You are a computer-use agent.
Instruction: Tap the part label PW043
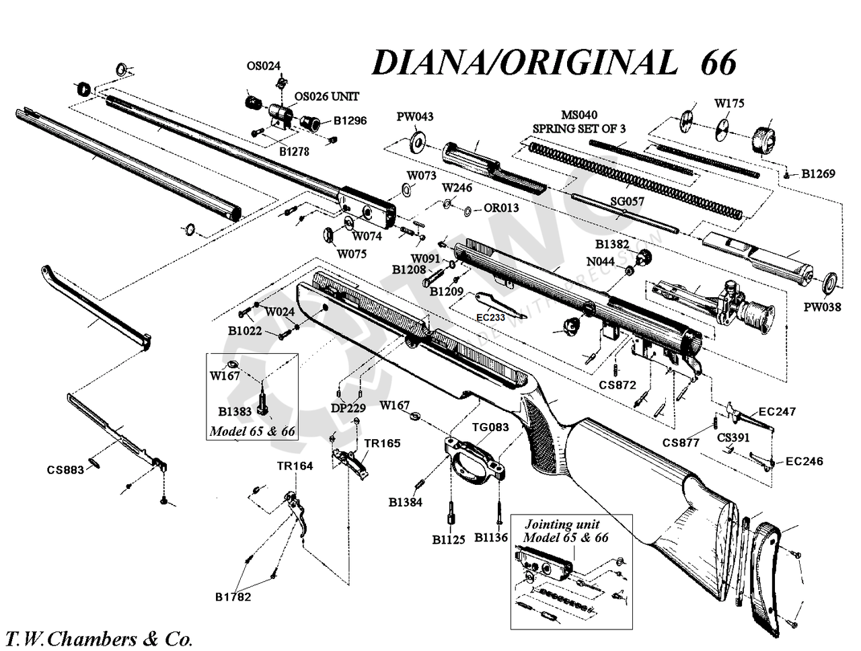[414, 116]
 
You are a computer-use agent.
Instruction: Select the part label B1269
[818, 174]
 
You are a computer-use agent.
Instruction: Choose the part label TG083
[490, 426]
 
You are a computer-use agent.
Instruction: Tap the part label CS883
[65, 469]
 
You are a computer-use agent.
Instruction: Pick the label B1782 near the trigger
[233, 597]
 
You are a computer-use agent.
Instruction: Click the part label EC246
[804, 461]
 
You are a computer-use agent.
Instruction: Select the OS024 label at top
[263, 66]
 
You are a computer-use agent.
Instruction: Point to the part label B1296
[350, 121]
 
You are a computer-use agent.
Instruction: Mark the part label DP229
[348, 407]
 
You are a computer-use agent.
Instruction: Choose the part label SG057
[626, 201]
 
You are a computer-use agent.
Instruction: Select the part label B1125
[448, 539]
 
